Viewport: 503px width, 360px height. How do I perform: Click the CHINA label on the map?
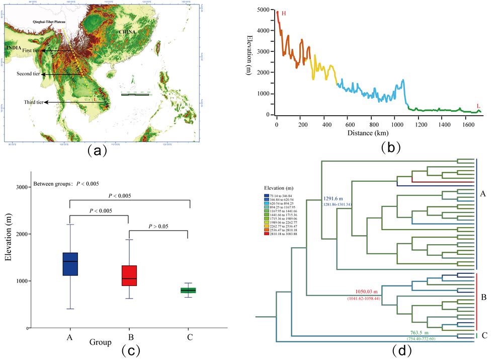point(127,32)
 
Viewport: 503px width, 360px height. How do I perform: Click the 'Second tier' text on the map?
point(28,74)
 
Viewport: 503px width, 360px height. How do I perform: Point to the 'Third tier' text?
point(33,102)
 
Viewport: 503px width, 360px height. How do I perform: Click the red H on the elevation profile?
point(284,13)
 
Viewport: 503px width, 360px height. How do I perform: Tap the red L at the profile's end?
point(478,106)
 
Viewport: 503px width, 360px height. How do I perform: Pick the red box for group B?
point(129,275)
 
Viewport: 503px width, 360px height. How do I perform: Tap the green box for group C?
point(188,291)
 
